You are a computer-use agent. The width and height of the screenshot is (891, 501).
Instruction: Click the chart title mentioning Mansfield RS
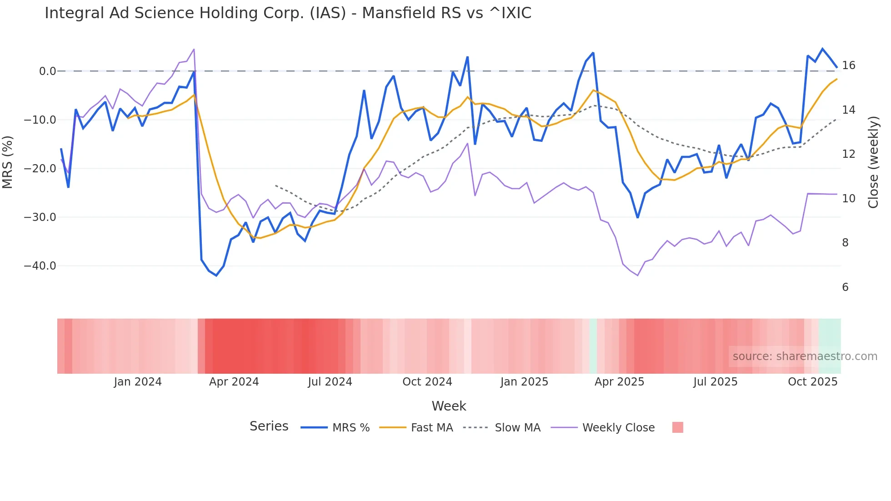click(288, 13)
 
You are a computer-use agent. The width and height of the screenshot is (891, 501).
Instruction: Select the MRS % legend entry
click(350, 428)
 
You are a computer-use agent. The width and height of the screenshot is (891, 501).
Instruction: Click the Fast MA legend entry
click(431, 428)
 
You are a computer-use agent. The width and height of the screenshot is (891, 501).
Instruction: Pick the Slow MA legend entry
click(517, 428)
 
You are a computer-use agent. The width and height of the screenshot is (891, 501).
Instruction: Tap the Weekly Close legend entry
click(618, 428)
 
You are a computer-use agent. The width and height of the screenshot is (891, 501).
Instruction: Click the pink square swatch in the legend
click(677, 427)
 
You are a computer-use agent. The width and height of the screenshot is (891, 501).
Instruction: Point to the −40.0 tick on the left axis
click(40, 266)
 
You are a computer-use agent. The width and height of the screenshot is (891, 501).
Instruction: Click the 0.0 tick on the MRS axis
click(47, 71)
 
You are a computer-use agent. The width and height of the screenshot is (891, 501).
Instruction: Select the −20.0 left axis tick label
click(40, 169)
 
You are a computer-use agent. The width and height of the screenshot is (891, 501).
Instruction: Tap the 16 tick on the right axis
click(848, 65)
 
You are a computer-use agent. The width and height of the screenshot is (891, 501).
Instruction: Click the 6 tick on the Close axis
click(845, 287)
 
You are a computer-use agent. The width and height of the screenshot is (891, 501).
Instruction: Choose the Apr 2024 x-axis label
click(234, 382)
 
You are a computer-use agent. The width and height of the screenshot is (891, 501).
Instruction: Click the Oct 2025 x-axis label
click(812, 382)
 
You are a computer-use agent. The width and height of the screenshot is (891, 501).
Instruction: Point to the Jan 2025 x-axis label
click(524, 382)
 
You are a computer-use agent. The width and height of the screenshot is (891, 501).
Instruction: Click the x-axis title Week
click(449, 406)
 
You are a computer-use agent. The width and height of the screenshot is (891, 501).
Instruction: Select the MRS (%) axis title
click(8, 162)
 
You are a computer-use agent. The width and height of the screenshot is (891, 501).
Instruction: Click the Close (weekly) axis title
click(873, 162)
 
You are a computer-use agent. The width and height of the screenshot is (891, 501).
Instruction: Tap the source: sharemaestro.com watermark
click(805, 356)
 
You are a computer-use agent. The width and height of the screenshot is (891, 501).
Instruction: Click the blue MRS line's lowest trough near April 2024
click(216, 276)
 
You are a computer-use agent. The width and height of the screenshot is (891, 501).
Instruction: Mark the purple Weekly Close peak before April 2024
click(194, 49)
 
